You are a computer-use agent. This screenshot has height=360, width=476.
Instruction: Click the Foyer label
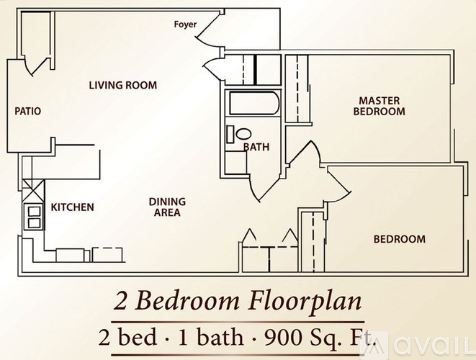[x=185, y=25]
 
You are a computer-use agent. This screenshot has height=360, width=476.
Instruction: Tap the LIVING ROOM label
[x=122, y=86]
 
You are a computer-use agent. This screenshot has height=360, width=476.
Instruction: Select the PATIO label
[x=27, y=112]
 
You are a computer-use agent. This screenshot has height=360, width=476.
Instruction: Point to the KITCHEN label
[x=72, y=207]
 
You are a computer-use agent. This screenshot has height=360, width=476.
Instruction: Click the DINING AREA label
[x=167, y=207]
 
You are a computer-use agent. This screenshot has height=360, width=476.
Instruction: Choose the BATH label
[x=256, y=148]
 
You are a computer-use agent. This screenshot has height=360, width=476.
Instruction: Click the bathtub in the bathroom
[x=252, y=105]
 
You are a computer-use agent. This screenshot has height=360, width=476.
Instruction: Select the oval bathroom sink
[x=243, y=135]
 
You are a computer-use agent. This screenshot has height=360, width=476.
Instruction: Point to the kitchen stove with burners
[x=33, y=215]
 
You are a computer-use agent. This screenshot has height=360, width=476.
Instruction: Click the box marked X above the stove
[x=33, y=192]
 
